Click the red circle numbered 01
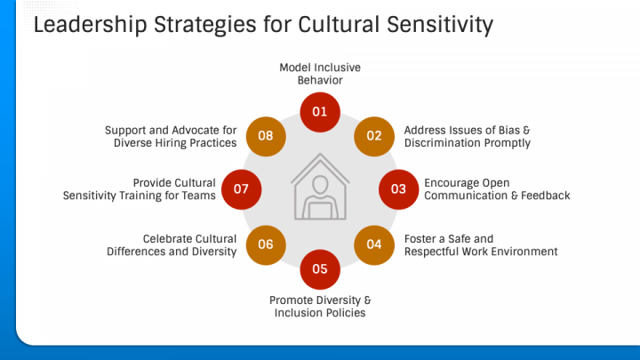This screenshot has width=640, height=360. (320, 112)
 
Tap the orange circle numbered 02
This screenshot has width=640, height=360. (374, 136)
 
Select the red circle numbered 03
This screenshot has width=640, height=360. (398, 189)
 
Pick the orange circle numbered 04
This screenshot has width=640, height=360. (374, 245)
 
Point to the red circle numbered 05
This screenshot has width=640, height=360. (320, 269)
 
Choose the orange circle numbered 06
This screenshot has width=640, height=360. (266, 245)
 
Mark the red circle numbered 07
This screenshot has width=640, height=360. (241, 189)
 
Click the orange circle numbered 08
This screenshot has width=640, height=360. (266, 136)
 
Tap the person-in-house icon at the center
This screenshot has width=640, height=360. (320, 187)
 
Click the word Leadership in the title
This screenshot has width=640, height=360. (90, 25)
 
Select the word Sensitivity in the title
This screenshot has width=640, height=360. (440, 25)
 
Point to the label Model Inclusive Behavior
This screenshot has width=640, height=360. (320, 74)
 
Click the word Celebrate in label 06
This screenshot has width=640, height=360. (166, 239)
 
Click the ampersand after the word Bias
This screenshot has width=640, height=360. (526, 130)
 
